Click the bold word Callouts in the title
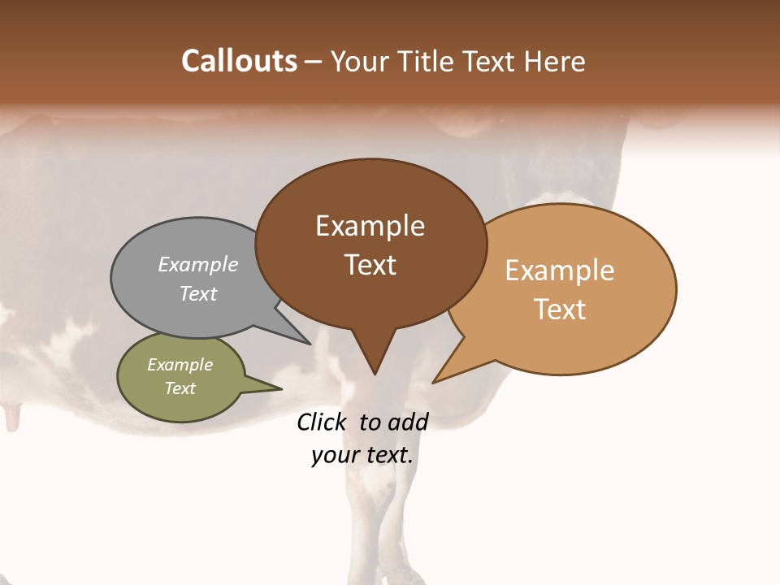[239, 61]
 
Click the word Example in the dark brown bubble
[370, 226]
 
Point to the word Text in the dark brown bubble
[370, 265]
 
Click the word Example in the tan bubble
[560, 271]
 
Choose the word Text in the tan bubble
[560, 309]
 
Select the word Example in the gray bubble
[198, 264]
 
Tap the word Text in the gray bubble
[198, 293]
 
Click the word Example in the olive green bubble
[180, 365]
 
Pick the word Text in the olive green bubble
[180, 388]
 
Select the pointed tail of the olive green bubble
[272, 388]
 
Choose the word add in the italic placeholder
[409, 422]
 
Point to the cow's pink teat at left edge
[11, 419]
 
